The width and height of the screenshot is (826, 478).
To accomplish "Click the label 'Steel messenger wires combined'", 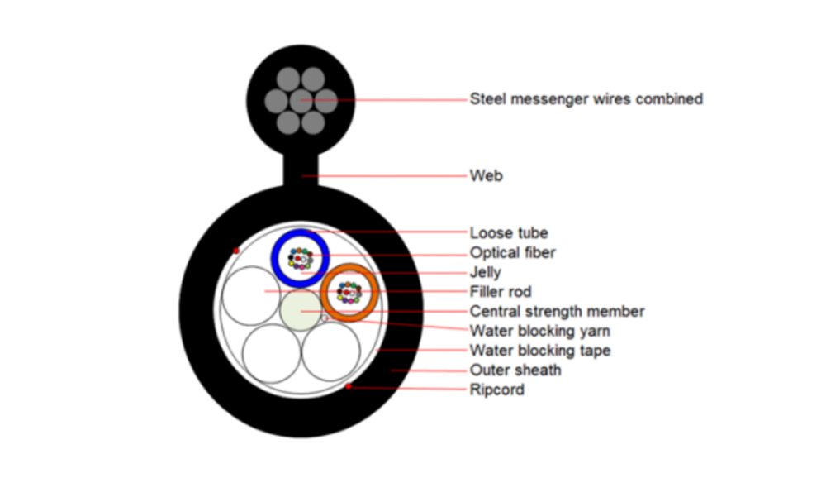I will coord(586,99).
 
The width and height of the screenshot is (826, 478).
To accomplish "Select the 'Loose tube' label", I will coord(508,233).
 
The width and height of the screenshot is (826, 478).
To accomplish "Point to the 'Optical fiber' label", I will coord(512,253).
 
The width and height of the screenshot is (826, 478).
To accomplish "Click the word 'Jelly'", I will coord(485,272).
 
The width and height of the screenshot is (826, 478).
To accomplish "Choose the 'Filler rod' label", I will coord(501,292).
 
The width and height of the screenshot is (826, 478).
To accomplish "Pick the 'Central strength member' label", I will coord(557,312).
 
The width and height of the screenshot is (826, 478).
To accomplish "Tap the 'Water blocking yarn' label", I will coord(539,332).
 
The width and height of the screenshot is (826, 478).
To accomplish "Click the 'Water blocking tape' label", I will coord(540,351).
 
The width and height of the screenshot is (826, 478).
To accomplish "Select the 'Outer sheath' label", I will coord(515,370).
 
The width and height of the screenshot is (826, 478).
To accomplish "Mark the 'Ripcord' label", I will coord(496,390).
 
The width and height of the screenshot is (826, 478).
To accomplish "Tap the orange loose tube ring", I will coord(373,292).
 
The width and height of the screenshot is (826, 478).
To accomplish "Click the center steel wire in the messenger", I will coord(301,100).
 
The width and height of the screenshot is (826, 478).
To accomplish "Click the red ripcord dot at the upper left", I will coord(235,250).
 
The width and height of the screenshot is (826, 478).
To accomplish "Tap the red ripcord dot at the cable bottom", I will coord(349,386).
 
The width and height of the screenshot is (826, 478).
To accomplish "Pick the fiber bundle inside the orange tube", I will coord(349,292).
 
